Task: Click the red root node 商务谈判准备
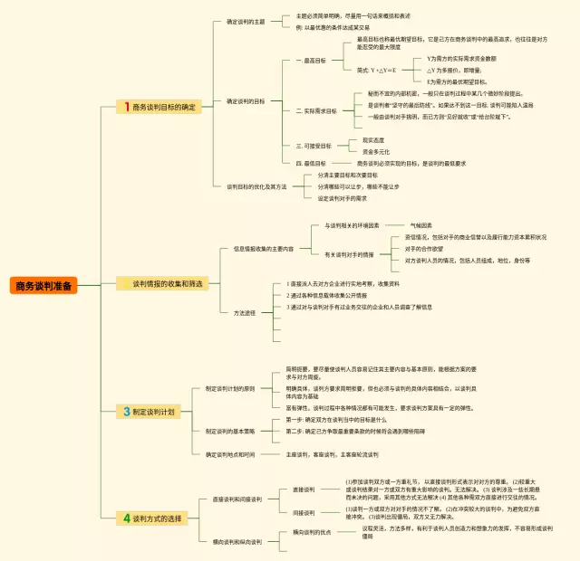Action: [44, 286]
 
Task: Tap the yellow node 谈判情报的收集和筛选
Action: [168, 283]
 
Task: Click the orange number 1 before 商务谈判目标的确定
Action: [128, 107]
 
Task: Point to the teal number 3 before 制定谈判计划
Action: [128, 412]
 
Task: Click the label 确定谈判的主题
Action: [246, 22]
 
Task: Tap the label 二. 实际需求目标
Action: [316, 111]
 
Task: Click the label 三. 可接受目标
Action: [314, 146]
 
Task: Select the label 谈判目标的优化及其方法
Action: [256, 186]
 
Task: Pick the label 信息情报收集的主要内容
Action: [264, 248]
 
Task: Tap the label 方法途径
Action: [245, 312]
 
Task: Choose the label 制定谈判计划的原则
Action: [230, 388]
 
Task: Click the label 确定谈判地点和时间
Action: [230, 453]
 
